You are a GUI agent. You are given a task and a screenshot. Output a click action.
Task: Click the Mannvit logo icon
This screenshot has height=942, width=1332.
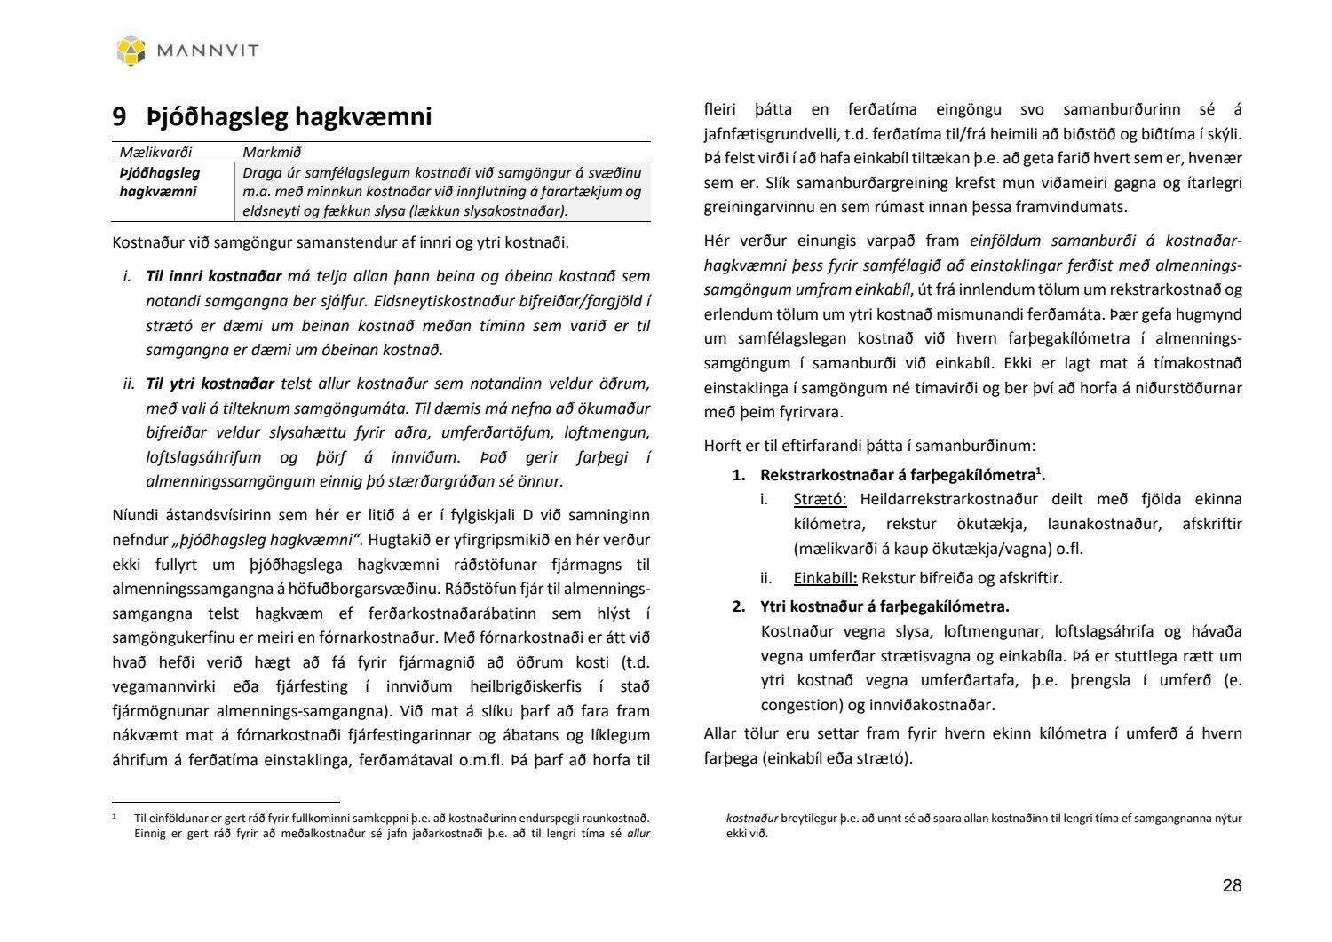tap(131, 50)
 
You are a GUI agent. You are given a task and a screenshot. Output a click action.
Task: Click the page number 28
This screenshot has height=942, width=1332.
tap(1232, 885)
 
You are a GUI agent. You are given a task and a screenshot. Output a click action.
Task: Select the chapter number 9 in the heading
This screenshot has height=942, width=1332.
tap(119, 116)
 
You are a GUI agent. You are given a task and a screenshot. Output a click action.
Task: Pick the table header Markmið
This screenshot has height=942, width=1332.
tap(272, 153)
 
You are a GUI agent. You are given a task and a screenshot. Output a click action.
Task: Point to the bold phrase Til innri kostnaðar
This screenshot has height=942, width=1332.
tap(214, 276)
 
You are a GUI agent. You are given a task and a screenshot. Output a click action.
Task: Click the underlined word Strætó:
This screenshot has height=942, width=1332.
tap(820, 499)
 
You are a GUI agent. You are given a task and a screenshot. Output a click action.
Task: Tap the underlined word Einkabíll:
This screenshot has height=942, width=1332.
tap(825, 578)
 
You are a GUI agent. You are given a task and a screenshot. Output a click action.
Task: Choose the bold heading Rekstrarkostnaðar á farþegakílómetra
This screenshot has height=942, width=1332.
tap(898, 474)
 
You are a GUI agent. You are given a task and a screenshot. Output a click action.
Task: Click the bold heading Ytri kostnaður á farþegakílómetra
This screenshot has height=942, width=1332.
tap(884, 607)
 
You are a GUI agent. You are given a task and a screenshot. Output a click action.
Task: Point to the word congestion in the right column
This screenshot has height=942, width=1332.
tap(798, 705)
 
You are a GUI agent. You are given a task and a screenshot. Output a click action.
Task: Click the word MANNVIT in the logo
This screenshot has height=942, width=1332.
tap(208, 51)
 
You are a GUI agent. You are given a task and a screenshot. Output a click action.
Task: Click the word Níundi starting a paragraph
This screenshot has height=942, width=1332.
tap(139, 515)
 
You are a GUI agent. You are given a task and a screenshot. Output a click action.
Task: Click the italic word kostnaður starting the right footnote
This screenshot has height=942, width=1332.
tap(752, 819)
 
